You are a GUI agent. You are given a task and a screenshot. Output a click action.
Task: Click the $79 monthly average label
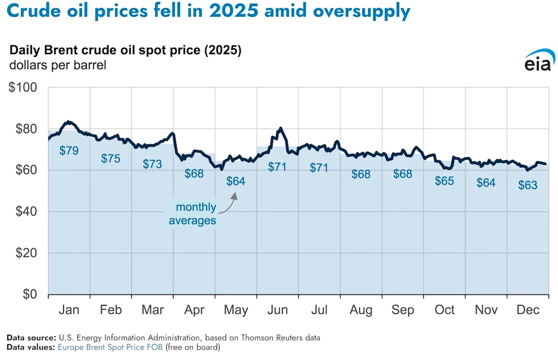(69, 151)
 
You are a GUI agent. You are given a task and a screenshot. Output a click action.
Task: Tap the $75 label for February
(111, 158)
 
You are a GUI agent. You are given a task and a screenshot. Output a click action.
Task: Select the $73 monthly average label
(152, 164)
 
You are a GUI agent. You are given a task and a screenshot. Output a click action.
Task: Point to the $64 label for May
(236, 181)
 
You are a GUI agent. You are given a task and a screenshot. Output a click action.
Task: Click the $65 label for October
(444, 181)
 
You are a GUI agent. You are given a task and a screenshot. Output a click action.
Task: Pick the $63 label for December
(528, 185)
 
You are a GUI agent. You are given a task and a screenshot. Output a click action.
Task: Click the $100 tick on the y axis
(23, 87)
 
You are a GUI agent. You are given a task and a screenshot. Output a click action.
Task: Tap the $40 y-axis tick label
(26, 211)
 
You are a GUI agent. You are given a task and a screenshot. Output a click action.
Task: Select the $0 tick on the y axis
(30, 294)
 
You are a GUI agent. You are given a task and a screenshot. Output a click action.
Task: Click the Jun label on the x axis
(278, 310)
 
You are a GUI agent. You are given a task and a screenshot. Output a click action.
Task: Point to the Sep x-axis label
(403, 310)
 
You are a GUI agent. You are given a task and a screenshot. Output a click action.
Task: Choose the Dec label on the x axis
(528, 310)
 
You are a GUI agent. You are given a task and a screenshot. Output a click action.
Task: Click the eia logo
(539, 61)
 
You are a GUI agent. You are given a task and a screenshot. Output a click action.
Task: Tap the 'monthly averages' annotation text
(193, 214)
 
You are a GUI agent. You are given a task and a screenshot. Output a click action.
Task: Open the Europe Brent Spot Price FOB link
(110, 347)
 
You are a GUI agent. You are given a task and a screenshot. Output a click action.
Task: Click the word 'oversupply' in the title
(362, 11)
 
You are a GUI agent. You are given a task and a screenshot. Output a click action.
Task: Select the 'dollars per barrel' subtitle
(58, 65)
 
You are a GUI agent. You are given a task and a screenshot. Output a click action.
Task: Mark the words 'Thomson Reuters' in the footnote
(266, 338)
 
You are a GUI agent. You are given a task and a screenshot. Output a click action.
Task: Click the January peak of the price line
(68, 121)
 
